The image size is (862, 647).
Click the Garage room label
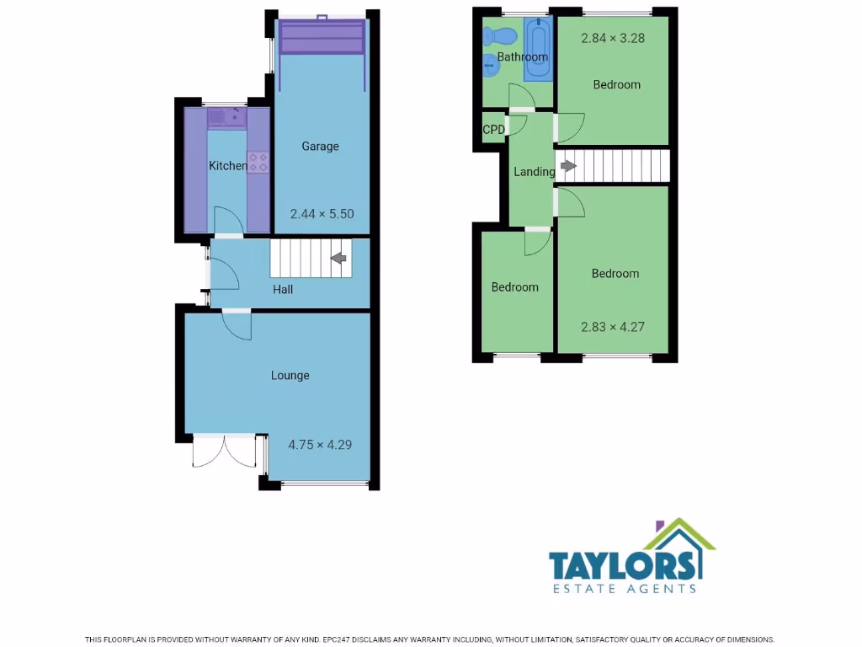pos(320,147)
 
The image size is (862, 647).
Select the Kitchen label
pos(227,166)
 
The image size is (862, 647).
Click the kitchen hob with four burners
pos(258,162)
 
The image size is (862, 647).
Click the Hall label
pos(283,290)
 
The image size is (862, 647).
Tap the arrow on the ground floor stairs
pos(339,259)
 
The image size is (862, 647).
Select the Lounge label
pos(290,376)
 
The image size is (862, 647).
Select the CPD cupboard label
pos(493,130)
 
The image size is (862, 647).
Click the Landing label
pos(534,172)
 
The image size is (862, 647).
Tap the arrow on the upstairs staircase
pos(569,166)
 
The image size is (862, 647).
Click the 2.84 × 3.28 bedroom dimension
pos(613,38)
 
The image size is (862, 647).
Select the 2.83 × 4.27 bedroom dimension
pos(613,327)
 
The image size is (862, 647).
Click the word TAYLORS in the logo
pos(623,564)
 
